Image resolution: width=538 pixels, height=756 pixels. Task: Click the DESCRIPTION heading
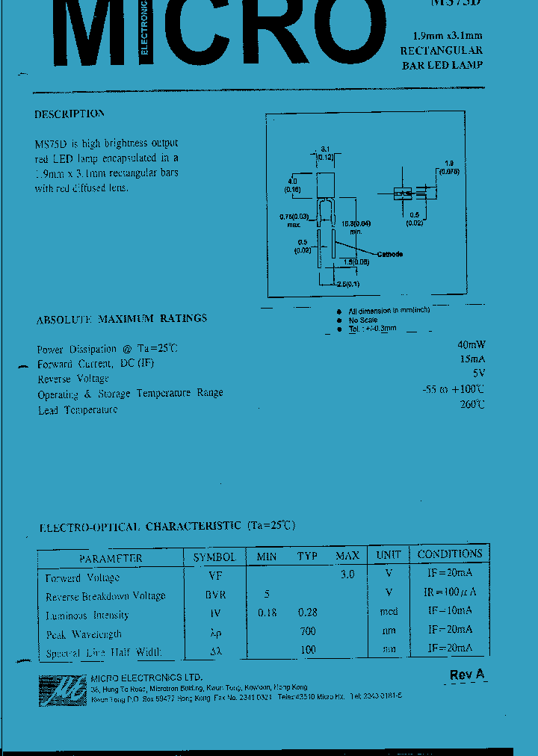click(69, 114)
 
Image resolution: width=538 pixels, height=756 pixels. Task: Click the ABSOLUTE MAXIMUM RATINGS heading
click(122, 318)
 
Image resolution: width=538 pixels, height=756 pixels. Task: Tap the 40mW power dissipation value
click(471, 344)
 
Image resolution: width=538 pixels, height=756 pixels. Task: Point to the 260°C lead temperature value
click(472, 404)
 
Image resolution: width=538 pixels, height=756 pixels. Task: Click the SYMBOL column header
click(214, 557)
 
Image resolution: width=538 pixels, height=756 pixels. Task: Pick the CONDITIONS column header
click(450, 554)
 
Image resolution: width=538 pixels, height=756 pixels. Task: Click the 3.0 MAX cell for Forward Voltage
click(347, 574)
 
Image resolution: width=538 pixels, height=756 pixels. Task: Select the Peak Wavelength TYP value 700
click(307, 631)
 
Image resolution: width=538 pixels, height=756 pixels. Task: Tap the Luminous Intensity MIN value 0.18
click(267, 613)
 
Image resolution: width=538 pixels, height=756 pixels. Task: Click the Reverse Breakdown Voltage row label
click(105, 596)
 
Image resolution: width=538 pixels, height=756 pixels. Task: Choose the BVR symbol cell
click(215, 595)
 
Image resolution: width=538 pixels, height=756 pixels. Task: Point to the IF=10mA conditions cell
click(450, 610)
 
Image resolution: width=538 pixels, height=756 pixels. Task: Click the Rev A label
click(467, 675)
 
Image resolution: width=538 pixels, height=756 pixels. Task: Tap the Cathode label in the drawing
click(389, 255)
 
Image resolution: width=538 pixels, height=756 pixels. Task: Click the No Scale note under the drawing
click(364, 320)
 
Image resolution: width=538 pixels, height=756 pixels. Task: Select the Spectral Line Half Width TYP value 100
click(307, 651)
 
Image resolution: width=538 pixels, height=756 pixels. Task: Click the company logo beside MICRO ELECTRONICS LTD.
click(62, 690)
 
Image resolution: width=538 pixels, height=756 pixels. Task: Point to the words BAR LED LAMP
click(442, 65)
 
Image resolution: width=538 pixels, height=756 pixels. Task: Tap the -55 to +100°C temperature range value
click(452, 389)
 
